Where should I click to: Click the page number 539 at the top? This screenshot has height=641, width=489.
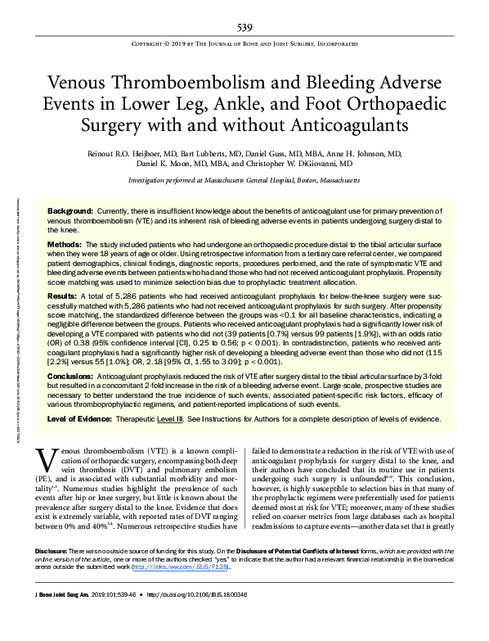(x=244, y=27)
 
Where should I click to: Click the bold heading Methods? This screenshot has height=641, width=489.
(x=65, y=245)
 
